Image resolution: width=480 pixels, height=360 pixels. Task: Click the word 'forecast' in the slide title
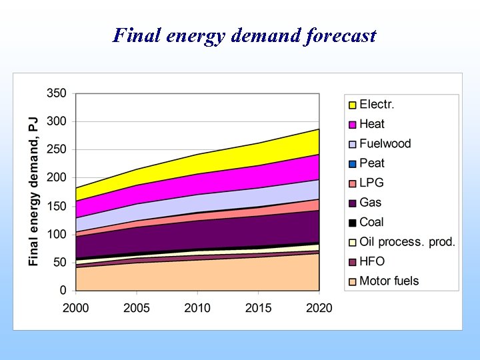(x=339, y=35)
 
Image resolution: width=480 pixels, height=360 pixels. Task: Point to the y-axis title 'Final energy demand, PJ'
(x=33, y=192)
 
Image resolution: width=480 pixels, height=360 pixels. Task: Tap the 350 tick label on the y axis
(x=57, y=93)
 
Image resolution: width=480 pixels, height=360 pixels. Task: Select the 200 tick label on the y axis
(x=57, y=178)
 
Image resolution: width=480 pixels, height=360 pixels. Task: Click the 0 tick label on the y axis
(x=63, y=291)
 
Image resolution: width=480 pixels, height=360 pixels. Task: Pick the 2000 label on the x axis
(x=76, y=307)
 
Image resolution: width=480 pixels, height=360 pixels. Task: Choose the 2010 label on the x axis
(x=197, y=307)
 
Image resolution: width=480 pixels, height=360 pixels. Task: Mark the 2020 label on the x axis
(x=319, y=307)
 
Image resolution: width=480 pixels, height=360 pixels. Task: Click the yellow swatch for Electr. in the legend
(x=352, y=105)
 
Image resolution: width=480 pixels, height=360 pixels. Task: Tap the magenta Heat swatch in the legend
(x=352, y=124)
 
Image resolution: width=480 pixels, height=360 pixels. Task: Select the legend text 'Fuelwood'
(x=385, y=143)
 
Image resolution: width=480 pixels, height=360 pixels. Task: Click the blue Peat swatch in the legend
(x=352, y=163)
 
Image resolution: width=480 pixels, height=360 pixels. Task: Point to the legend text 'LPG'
(x=371, y=183)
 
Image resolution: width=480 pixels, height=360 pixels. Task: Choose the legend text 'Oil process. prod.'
(x=407, y=242)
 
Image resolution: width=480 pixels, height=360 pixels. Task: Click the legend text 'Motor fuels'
(x=389, y=281)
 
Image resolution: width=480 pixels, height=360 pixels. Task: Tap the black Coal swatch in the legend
(x=352, y=223)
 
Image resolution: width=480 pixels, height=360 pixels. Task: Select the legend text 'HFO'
(x=372, y=261)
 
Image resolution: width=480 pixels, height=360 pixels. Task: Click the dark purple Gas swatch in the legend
(x=352, y=203)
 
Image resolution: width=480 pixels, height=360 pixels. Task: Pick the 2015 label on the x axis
(x=258, y=307)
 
